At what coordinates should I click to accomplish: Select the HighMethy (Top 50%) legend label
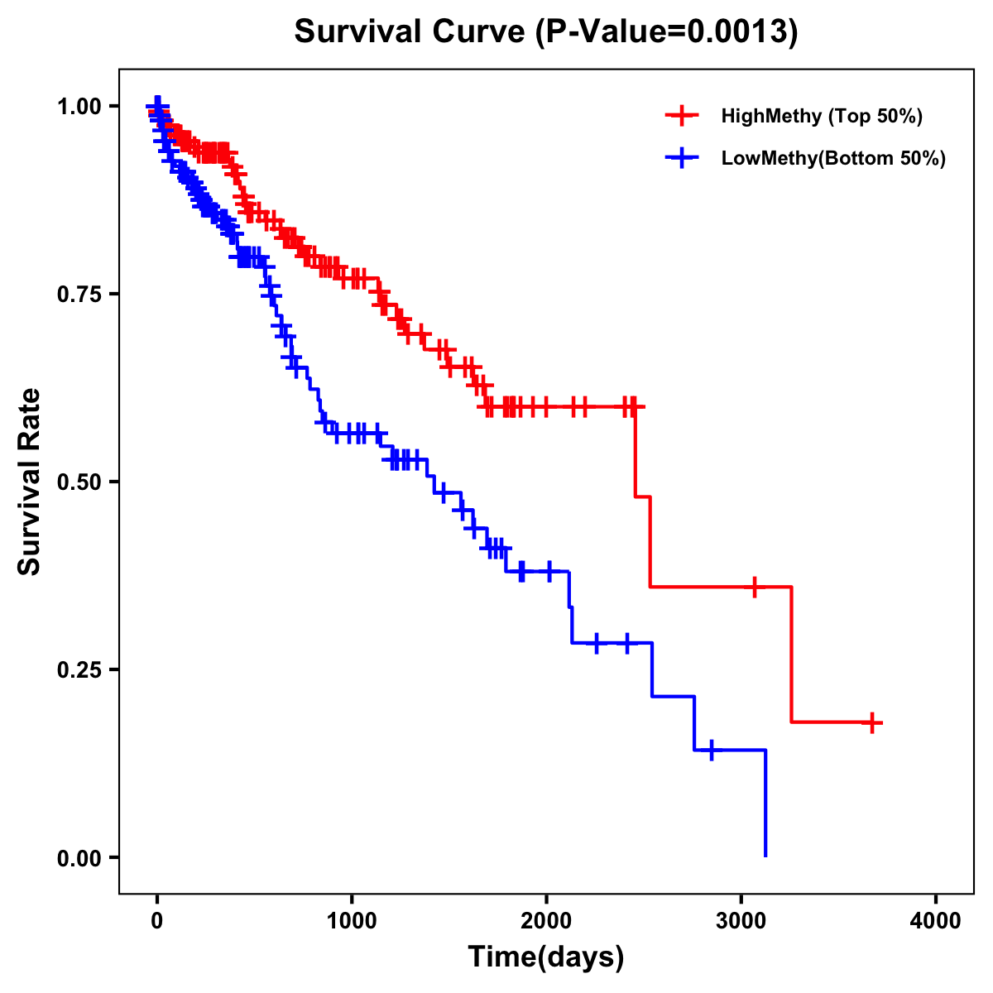point(821,116)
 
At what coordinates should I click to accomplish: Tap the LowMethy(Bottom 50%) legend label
point(833,158)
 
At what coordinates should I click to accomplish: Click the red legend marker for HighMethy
point(682,116)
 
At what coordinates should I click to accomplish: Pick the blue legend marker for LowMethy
point(682,158)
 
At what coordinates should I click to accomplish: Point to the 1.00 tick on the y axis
point(79,107)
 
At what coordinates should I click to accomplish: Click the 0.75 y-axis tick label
point(79,295)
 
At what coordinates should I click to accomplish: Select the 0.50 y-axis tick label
point(79,482)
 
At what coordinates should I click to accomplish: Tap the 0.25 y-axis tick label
point(79,670)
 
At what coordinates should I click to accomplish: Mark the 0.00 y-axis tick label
point(79,858)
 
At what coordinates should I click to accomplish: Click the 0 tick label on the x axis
point(157,921)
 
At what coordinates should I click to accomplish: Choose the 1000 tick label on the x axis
point(352,921)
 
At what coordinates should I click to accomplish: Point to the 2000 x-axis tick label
point(546,921)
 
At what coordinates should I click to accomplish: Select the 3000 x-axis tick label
point(741,921)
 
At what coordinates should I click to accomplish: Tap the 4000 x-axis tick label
point(936,921)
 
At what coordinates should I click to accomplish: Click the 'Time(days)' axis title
point(546,957)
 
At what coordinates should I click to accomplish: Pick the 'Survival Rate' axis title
point(30,482)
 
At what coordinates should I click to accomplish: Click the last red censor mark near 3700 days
point(871,722)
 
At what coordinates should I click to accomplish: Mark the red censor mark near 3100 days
point(754,587)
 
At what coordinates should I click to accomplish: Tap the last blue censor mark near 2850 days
point(711,751)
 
